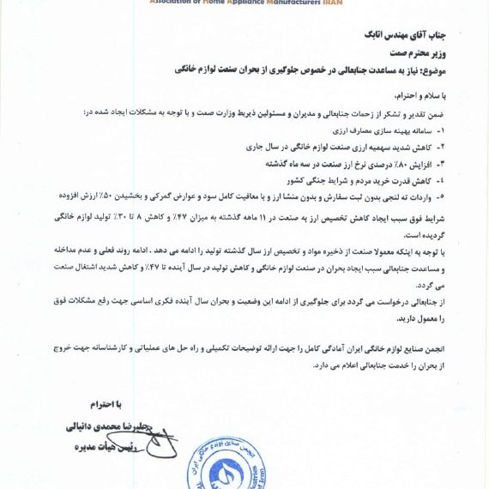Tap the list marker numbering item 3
pos(443,162)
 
